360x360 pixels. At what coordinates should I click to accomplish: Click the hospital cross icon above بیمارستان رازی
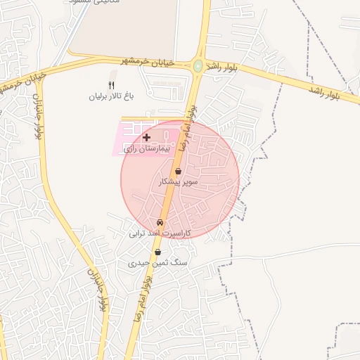146,137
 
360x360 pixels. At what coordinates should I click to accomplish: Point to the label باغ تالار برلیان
110,95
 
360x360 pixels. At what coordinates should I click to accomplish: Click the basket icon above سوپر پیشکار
179,171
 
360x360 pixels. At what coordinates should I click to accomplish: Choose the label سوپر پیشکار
179,181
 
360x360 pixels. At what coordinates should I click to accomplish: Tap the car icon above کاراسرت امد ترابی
160,222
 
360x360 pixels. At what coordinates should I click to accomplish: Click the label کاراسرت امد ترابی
160,232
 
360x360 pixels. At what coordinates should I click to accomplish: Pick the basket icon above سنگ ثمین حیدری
157,252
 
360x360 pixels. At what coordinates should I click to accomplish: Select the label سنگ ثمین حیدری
159,262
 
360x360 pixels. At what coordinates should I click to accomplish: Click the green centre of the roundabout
198,67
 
